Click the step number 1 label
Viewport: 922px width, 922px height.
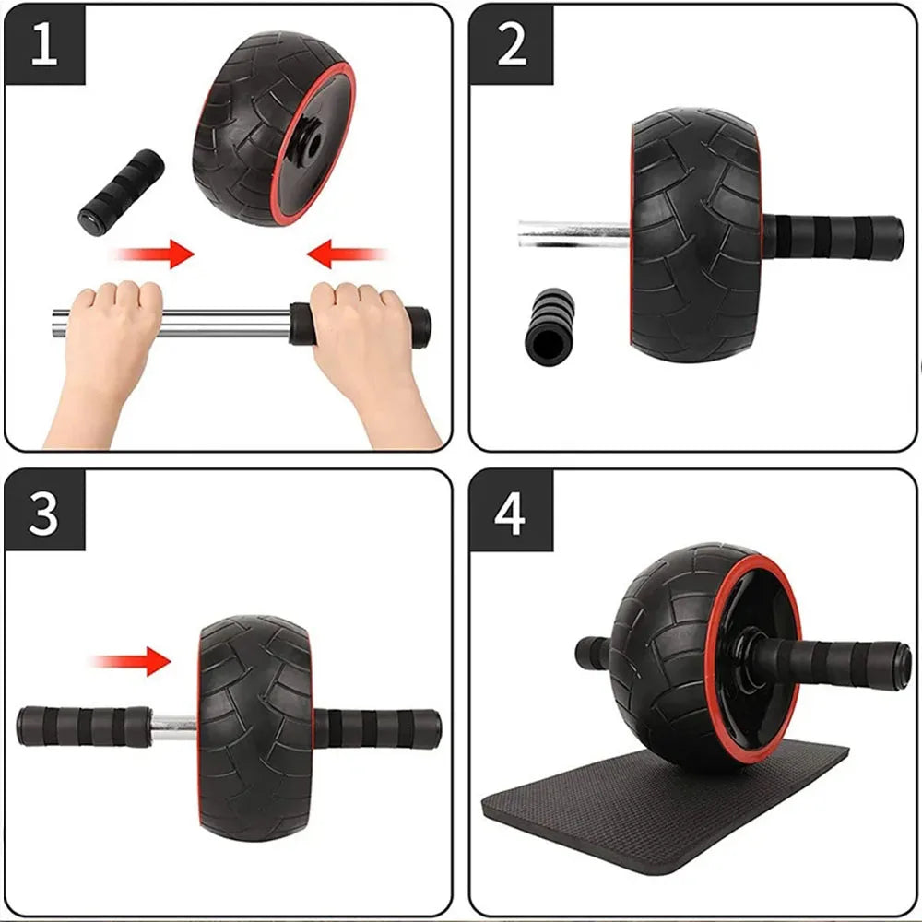(44, 44)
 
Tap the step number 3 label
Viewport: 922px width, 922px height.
(44, 514)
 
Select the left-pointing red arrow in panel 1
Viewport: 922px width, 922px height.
(346, 252)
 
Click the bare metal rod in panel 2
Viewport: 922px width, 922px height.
(572, 232)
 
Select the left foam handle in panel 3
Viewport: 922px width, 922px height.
(83, 726)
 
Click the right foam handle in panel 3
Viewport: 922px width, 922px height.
(378, 727)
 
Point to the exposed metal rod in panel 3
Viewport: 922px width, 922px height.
(173, 727)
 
